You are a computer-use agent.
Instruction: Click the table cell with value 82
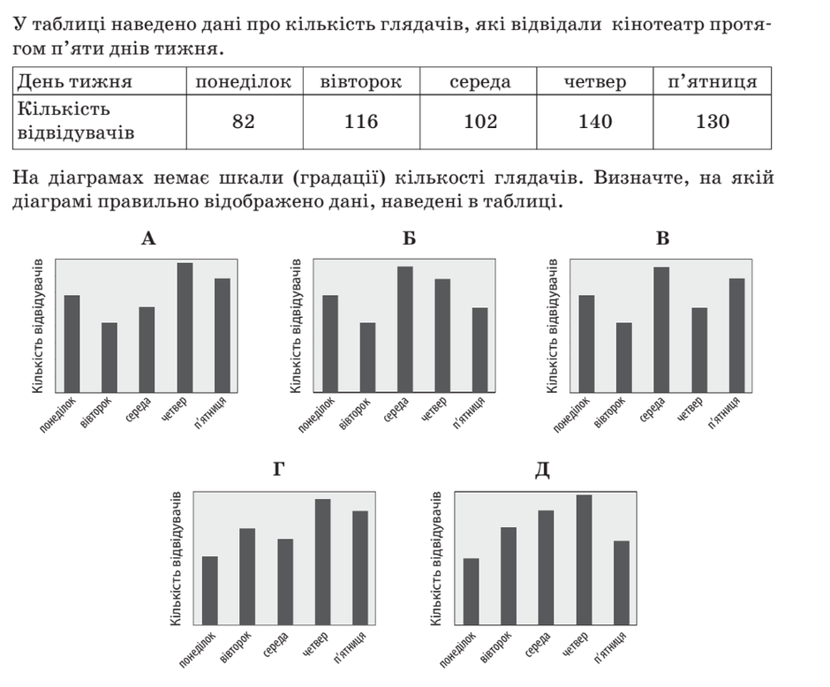244,122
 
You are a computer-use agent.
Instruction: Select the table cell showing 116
361,122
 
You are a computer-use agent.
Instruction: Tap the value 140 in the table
595,122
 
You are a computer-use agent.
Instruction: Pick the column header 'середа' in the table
480,82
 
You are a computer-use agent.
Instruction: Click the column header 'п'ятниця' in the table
712,81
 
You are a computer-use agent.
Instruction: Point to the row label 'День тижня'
75,82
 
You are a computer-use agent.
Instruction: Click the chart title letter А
148,239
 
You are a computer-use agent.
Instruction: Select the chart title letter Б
409,239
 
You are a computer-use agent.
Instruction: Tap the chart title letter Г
279,469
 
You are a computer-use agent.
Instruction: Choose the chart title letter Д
542,470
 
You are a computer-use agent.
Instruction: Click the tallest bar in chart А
185,328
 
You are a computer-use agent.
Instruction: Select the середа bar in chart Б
405,329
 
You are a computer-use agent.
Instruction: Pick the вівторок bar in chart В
624,358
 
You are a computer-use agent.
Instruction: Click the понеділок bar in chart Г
209,591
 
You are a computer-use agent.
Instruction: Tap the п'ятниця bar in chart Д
622,583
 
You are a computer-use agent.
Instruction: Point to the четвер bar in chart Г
323,562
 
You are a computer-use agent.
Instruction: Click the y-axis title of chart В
552,326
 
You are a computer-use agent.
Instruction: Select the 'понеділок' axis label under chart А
58,414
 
